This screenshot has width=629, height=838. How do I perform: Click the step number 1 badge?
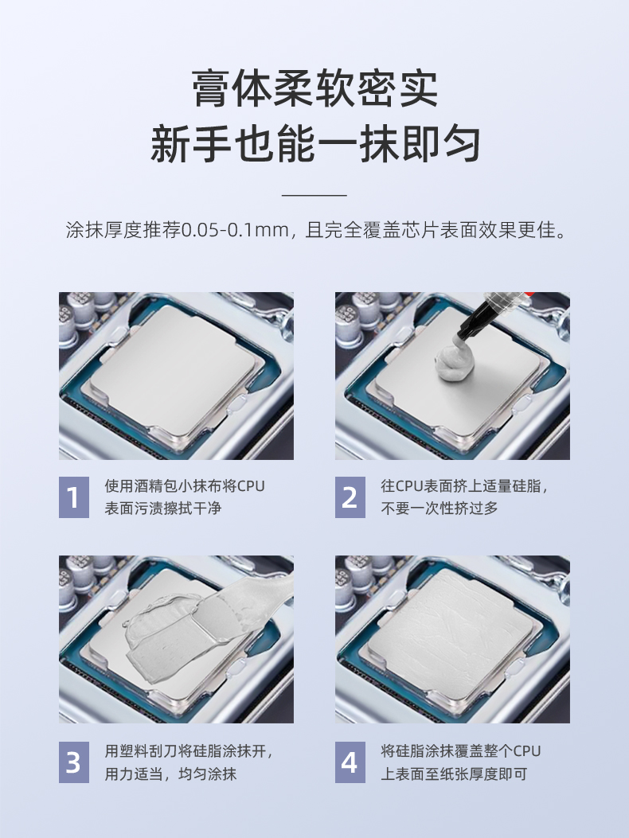[74, 497]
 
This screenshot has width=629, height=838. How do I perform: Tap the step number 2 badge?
[350, 497]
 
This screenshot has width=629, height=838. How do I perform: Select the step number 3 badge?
[74, 762]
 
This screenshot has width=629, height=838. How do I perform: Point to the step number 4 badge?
[350, 762]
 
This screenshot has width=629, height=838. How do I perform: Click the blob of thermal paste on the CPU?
[455, 361]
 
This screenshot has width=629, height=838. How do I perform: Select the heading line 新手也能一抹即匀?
[315, 143]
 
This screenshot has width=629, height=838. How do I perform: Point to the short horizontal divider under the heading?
[314, 195]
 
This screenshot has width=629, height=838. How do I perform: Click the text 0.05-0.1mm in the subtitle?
[236, 230]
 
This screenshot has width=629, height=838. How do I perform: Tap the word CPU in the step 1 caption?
[251, 486]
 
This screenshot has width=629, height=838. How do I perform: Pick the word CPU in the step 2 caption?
[409, 486]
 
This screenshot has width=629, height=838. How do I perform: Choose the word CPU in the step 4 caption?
[527, 751]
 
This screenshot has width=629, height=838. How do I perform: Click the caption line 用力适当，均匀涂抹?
[170, 774]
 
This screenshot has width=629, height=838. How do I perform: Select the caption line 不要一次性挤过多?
[440, 509]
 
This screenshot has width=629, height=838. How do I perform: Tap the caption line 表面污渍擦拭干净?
[163, 509]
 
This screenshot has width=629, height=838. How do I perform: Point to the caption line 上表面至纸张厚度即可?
[454, 774]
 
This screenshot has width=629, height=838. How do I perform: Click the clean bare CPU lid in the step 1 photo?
[171, 368]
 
